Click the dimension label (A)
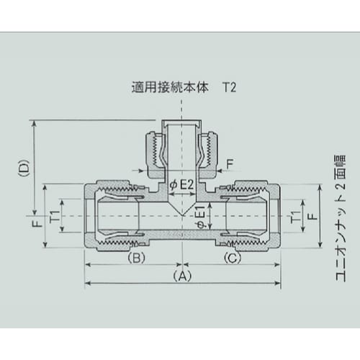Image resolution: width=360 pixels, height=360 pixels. pos(182,275)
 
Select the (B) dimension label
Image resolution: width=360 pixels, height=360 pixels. pos(137,257)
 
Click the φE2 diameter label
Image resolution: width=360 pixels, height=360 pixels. pos(183,185)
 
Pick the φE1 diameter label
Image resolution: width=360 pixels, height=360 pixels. pos(201,215)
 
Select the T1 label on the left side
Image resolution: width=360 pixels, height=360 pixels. pos(53,215)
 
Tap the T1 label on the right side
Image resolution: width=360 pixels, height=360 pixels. pos(293,215)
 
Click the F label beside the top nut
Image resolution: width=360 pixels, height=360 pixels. pos(230,164)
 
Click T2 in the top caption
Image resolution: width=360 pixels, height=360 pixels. pos(228,91)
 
